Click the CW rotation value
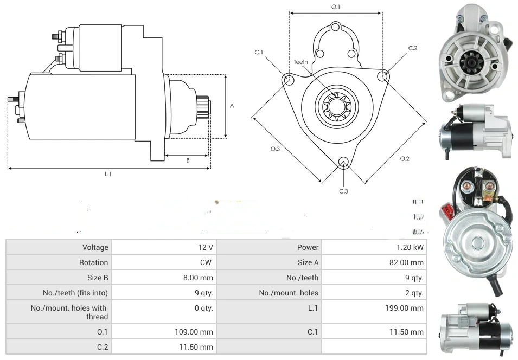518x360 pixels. (x=207, y=262)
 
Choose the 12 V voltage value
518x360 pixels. (x=206, y=247)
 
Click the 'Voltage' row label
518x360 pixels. (x=95, y=247)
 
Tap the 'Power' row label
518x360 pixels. (x=308, y=247)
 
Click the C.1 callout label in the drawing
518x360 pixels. (x=259, y=52)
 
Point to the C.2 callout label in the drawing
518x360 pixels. (x=413, y=48)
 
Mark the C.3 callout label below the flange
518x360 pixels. (x=343, y=191)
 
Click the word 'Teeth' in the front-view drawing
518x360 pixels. (x=300, y=62)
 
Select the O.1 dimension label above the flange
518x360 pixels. (x=336, y=7)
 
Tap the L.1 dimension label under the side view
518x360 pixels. (x=108, y=173)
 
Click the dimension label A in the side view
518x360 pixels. (x=232, y=106)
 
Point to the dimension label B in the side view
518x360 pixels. (x=188, y=160)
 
